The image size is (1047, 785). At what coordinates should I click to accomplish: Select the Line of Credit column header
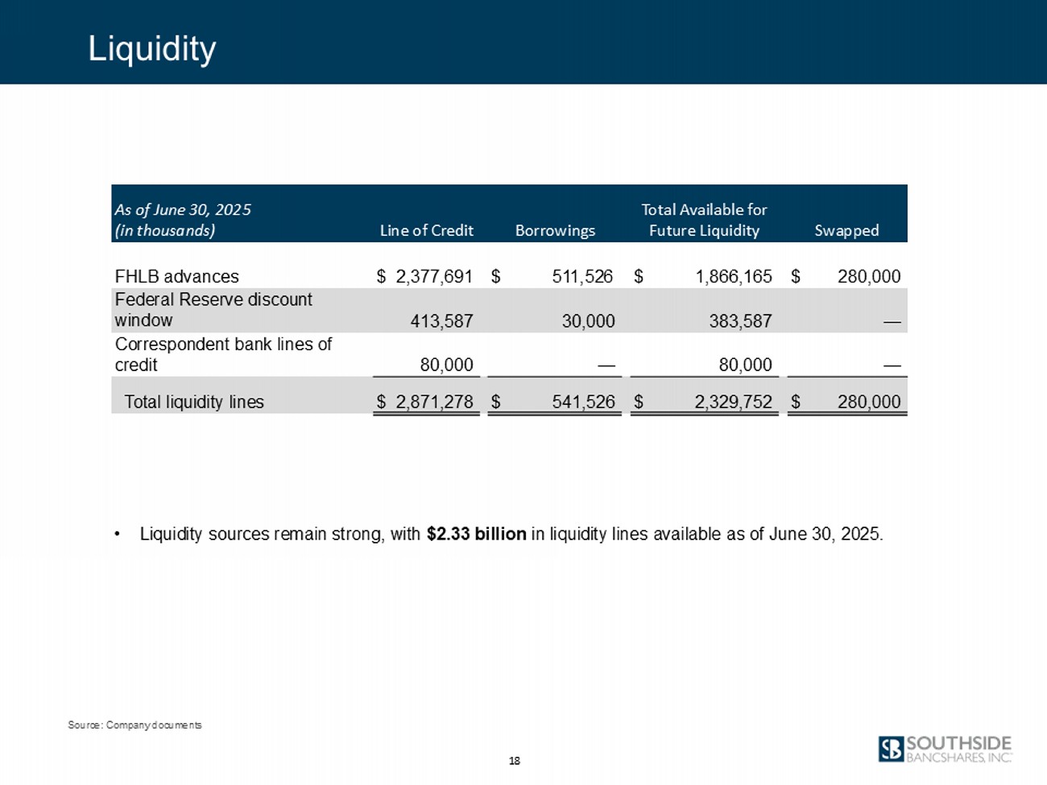(x=426, y=231)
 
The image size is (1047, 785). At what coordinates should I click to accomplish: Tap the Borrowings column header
(x=555, y=231)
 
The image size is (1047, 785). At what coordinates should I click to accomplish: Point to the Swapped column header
(x=846, y=231)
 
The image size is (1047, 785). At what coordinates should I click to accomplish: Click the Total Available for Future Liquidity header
(x=704, y=220)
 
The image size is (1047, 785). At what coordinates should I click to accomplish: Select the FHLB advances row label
(x=177, y=276)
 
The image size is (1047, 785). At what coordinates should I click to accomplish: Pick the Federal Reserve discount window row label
(x=213, y=310)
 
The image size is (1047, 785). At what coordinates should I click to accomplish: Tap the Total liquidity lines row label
(x=194, y=402)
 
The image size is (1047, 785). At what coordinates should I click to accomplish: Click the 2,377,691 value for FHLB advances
(x=434, y=276)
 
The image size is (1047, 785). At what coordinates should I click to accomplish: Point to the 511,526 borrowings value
(x=583, y=276)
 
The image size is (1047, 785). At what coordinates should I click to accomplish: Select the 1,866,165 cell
(x=734, y=276)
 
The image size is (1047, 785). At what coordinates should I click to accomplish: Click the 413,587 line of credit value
(x=441, y=321)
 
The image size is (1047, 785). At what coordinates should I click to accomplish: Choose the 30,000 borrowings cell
(x=588, y=321)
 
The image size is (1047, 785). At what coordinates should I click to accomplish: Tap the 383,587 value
(x=740, y=321)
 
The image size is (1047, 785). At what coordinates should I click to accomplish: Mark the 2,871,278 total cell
(x=435, y=402)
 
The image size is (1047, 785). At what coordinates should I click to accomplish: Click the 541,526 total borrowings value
(x=583, y=402)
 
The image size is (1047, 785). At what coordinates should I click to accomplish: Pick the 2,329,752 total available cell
(x=734, y=402)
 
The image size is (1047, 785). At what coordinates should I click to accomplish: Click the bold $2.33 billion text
(x=477, y=535)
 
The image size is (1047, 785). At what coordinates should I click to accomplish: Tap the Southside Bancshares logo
(x=945, y=750)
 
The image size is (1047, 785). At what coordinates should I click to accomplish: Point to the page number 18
(x=514, y=761)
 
